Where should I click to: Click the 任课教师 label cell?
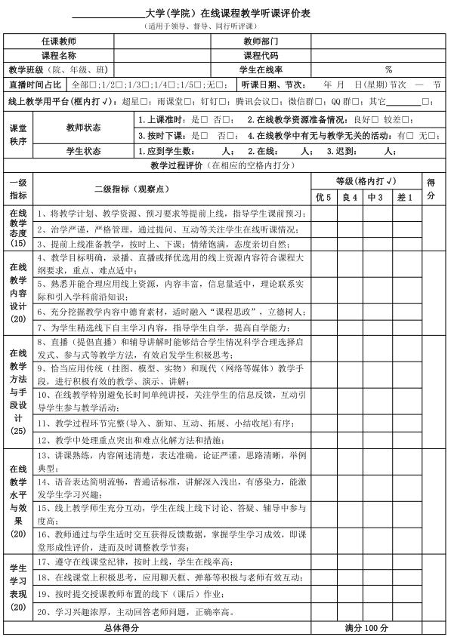coord(79,41)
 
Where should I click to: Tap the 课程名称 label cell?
coord(79,55)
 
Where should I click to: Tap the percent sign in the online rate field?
coord(388,69)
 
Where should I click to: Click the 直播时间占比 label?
coord(36,85)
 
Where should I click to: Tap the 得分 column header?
coord(431,189)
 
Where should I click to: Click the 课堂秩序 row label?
coord(18,135)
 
